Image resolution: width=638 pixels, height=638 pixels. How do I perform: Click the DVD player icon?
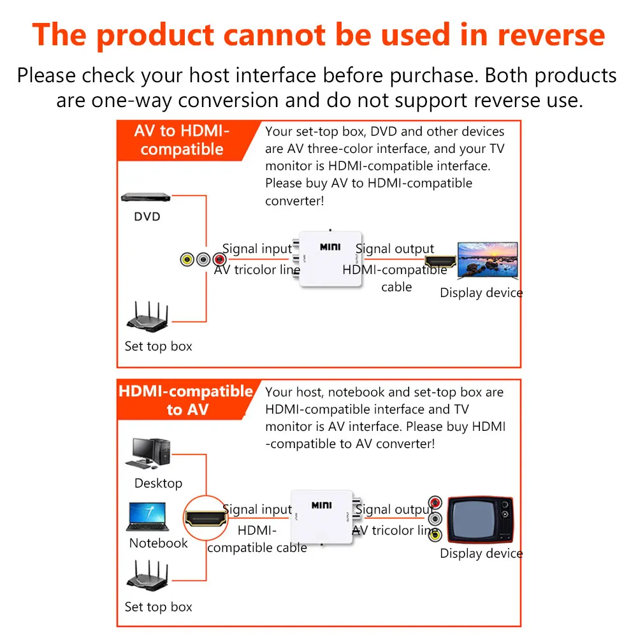pos(147,199)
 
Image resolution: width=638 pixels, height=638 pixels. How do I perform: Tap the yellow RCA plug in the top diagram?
pos(187,260)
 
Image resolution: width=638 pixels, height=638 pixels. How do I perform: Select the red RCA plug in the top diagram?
pos(219,260)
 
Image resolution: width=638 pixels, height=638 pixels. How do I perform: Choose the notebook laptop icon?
pos(147,517)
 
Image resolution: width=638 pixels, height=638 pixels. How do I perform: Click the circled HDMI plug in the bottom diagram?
pos(206,518)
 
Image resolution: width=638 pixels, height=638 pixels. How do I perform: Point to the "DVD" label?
pos(147,217)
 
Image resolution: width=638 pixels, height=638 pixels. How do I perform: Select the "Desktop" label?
pos(158,483)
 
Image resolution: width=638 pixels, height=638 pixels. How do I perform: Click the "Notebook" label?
pos(158,543)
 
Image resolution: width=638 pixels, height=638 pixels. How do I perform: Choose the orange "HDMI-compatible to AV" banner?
pos(185,400)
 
